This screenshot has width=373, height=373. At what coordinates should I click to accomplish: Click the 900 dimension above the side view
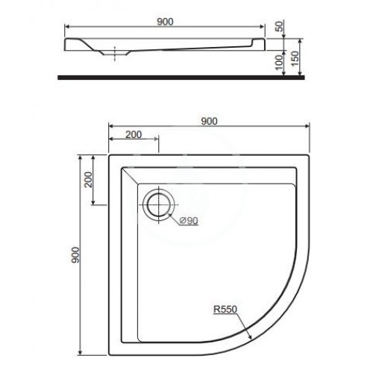[x=165, y=22]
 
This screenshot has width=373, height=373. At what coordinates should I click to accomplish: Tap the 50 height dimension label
[x=280, y=26]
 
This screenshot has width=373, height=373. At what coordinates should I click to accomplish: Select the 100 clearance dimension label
[x=280, y=62]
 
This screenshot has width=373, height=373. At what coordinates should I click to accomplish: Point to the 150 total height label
[x=295, y=58]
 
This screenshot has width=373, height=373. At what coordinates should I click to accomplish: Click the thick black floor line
[x=181, y=78]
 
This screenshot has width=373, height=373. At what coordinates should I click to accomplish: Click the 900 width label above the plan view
[x=209, y=122]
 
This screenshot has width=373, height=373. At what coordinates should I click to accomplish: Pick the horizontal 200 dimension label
[x=134, y=134]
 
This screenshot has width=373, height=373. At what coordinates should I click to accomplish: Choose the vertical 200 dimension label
[x=88, y=180]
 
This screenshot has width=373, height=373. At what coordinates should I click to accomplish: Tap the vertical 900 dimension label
[x=75, y=255]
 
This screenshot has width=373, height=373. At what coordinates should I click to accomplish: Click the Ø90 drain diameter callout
[x=189, y=220]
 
